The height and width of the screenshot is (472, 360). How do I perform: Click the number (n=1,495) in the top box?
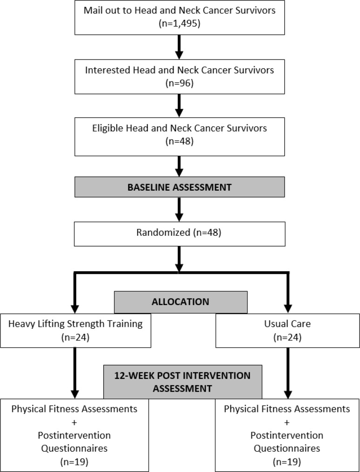pyautogui.click(x=180, y=24)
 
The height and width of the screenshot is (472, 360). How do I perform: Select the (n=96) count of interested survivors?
pyautogui.click(x=180, y=83)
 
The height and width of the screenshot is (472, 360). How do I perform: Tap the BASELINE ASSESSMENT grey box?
pyautogui.click(x=180, y=187)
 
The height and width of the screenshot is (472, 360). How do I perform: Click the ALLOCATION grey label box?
pyautogui.click(x=180, y=302)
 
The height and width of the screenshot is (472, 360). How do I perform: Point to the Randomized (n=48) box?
pyautogui.click(x=180, y=234)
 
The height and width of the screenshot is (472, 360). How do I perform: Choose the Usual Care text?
pyautogui.click(x=287, y=324)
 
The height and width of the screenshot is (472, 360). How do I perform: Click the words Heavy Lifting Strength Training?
pyautogui.click(x=75, y=324)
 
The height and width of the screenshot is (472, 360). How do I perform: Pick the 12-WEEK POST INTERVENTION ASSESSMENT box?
pyautogui.click(x=183, y=382)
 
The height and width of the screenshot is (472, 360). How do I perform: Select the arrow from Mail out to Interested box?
pyautogui.click(x=179, y=47)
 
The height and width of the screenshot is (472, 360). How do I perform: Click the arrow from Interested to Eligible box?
pyautogui.click(x=179, y=106)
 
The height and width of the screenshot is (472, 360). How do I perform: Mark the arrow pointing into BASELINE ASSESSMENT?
pyautogui.click(x=179, y=166)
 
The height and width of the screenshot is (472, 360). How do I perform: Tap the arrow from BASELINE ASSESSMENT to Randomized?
pyautogui.click(x=179, y=210)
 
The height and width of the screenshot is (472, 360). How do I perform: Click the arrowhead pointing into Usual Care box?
pyautogui.click(x=288, y=309)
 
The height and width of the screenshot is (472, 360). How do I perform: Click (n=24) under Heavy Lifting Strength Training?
pyautogui.click(x=75, y=338)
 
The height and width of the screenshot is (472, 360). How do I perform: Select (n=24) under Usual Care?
pyautogui.click(x=287, y=338)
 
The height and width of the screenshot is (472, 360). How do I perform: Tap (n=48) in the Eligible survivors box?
pyautogui.click(x=180, y=141)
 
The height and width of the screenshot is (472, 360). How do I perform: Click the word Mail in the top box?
pyautogui.click(x=92, y=10)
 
